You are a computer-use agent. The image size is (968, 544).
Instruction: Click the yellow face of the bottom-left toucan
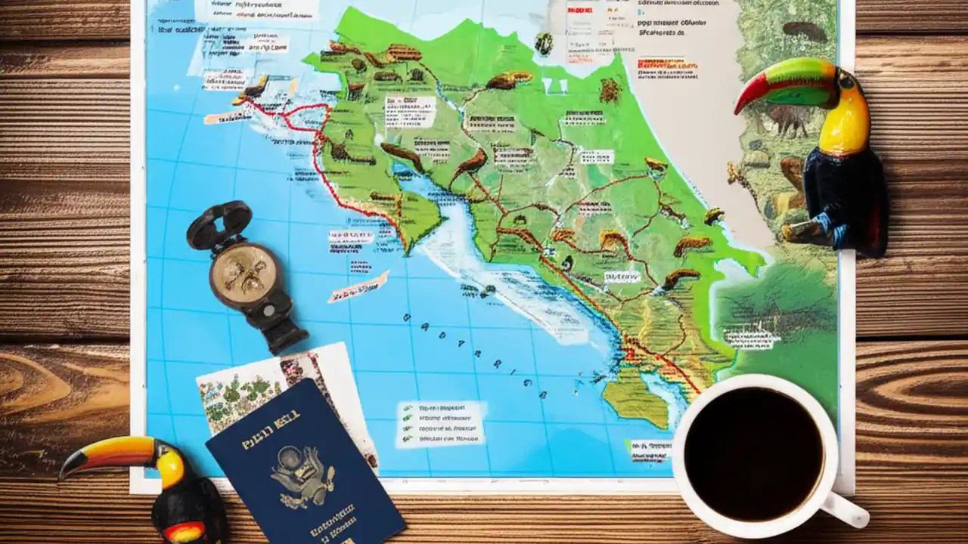coord(171,468)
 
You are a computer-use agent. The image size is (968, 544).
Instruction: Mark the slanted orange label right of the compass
coord(358,287)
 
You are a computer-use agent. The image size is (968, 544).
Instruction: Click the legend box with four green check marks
coord(441,423)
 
